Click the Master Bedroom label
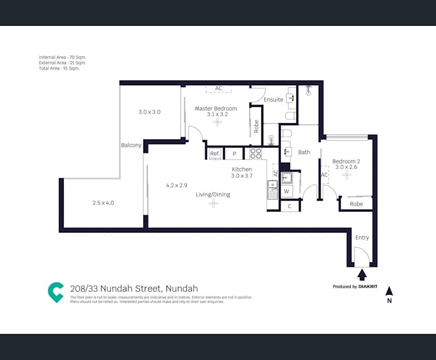(x=216, y=108)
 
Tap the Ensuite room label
(x=273, y=99)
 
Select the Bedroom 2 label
(x=346, y=161)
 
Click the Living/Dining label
(x=213, y=194)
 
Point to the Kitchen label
(x=242, y=169)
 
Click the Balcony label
(x=131, y=145)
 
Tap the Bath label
(x=304, y=152)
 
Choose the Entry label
(x=362, y=237)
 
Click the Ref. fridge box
(x=215, y=154)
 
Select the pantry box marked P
(x=234, y=154)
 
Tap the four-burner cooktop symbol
(x=255, y=153)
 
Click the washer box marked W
(x=286, y=191)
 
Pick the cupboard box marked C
(x=290, y=206)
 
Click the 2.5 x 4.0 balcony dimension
(x=103, y=203)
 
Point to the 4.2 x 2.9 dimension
(x=177, y=185)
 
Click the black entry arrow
(x=362, y=275)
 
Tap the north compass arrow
(x=389, y=291)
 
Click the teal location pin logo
(x=55, y=292)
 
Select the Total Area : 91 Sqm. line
(x=59, y=68)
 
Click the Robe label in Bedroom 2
(x=356, y=204)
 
